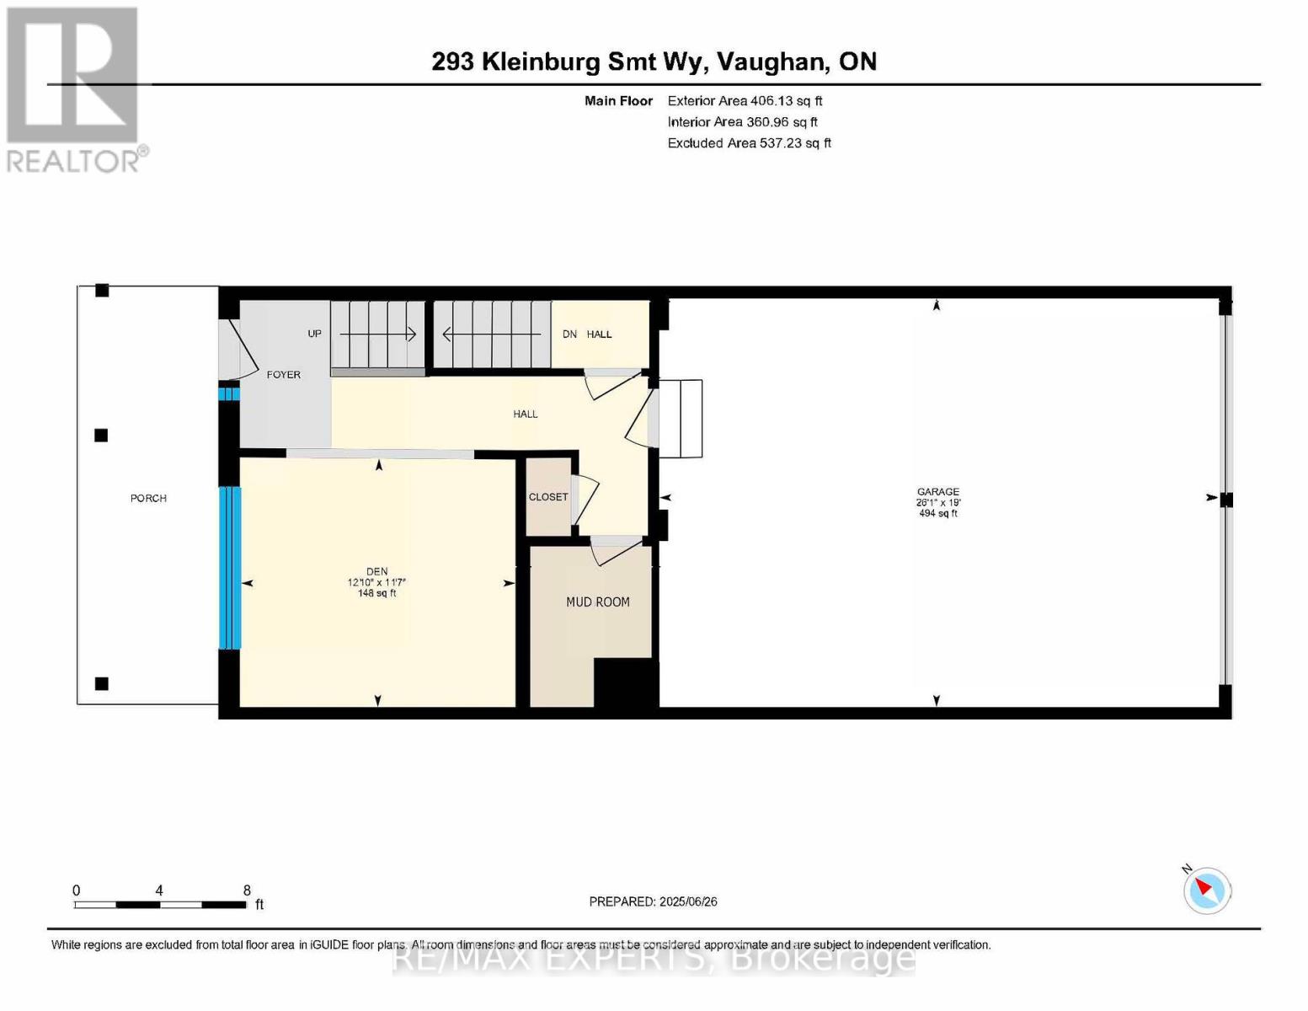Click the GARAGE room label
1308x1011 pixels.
937,491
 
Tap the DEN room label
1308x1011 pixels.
376,571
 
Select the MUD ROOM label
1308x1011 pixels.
597,602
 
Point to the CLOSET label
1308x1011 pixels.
548,496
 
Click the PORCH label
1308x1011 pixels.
148,498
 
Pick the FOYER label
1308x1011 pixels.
284,374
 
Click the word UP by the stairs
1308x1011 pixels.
314,334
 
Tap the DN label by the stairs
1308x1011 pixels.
569,334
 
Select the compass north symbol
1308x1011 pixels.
1206,890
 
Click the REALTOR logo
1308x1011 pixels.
74,89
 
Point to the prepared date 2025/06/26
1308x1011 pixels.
653,901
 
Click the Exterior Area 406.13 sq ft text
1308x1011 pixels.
745,100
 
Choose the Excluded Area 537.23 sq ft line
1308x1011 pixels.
749,143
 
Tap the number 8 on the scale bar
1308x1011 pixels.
247,890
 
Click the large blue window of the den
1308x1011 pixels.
230,567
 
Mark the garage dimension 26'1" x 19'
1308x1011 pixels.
937,502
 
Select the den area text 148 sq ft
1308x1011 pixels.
376,593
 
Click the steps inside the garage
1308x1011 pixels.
680,419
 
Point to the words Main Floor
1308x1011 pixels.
618,100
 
